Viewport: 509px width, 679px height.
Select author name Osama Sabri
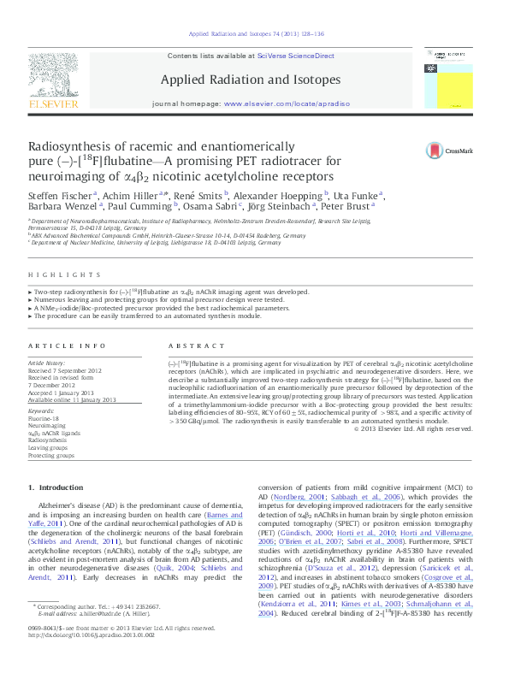205,207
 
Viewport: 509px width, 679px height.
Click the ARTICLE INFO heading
57,345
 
